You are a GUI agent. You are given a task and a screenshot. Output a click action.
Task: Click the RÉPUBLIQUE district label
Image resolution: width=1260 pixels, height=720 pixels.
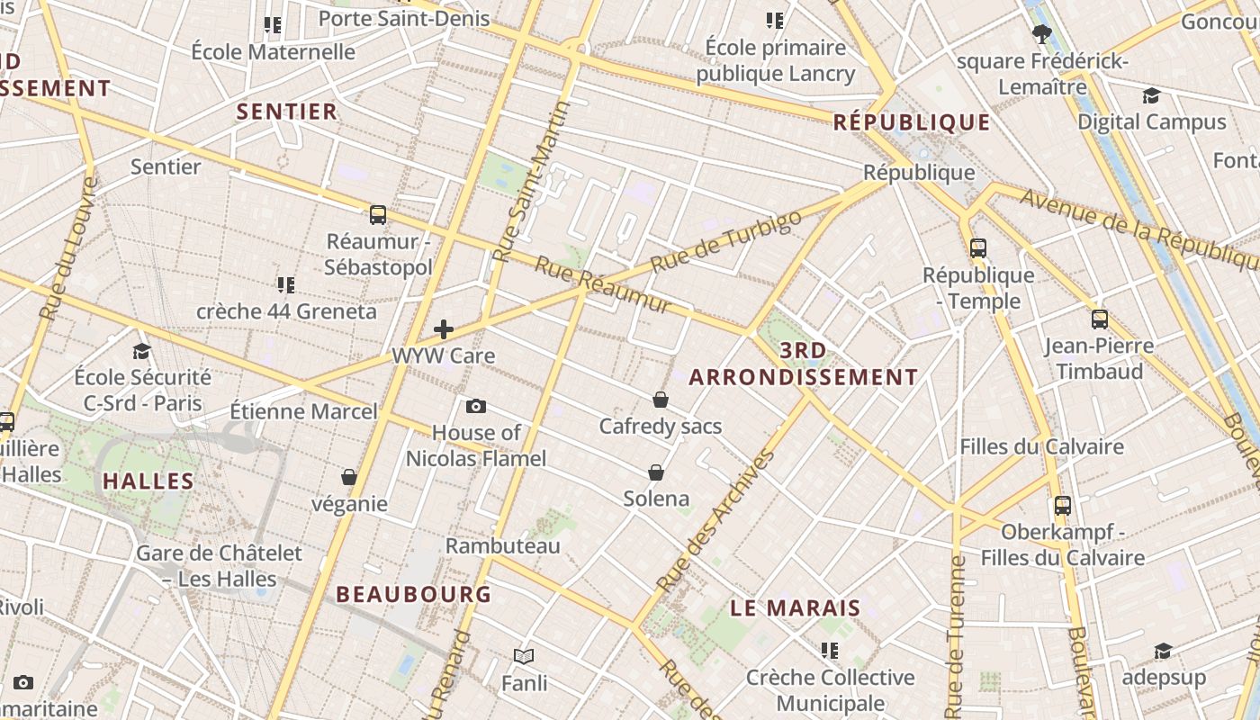pyautogui.click(x=911, y=122)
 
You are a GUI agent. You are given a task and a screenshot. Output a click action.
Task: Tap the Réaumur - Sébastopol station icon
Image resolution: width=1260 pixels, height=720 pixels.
pyautogui.click(x=378, y=215)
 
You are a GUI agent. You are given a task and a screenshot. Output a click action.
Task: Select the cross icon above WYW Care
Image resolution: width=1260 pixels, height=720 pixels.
pyautogui.click(x=444, y=329)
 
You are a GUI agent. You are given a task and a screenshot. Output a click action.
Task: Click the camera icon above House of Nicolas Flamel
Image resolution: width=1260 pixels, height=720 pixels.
pyautogui.click(x=476, y=407)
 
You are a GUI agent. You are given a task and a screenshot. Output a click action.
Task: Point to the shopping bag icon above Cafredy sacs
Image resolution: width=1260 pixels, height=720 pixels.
pyautogui.click(x=661, y=400)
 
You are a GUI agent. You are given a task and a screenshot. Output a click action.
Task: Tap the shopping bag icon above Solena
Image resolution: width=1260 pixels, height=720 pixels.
pyautogui.click(x=656, y=472)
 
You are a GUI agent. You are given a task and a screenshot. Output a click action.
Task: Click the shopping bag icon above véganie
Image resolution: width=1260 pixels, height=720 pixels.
pyautogui.click(x=349, y=477)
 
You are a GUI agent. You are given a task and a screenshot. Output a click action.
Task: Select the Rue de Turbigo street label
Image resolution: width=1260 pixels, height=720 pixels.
pyautogui.click(x=725, y=242)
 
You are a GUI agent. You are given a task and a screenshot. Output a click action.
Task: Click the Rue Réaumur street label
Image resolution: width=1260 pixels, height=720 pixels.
pyautogui.click(x=603, y=285)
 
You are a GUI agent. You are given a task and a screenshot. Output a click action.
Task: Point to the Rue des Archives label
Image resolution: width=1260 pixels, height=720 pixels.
pyautogui.click(x=716, y=520)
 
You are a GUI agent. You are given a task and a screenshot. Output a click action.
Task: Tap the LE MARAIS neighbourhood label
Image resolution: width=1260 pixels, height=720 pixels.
pyautogui.click(x=795, y=608)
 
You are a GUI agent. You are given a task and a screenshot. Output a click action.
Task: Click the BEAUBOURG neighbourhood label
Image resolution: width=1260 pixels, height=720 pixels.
pyautogui.click(x=414, y=594)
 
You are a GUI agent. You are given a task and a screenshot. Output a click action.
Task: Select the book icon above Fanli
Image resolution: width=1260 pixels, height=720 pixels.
pyautogui.click(x=524, y=657)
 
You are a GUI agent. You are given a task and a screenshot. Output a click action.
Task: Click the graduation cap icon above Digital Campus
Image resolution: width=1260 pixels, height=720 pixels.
pyautogui.click(x=1151, y=96)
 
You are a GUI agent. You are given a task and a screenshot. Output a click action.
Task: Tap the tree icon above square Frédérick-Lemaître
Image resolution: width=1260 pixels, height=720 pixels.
pyautogui.click(x=1042, y=35)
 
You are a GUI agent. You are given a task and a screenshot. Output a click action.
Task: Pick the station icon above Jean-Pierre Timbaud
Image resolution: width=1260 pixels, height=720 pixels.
pyautogui.click(x=1099, y=319)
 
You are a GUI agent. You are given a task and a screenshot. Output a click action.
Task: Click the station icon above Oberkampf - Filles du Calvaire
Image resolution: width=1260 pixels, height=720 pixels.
pyautogui.click(x=1063, y=506)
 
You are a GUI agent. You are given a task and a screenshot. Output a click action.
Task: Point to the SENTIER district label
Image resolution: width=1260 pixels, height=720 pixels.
pyautogui.click(x=286, y=112)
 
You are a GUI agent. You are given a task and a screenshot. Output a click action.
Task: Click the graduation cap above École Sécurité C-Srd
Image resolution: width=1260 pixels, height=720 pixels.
pyautogui.click(x=142, y=351)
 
